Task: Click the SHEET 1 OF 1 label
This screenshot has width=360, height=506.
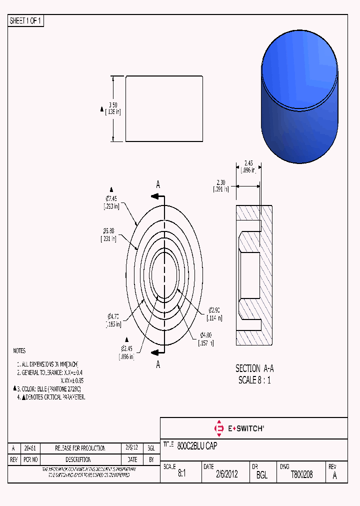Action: pos(25,21)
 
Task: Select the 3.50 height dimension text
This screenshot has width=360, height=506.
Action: pos(113,105)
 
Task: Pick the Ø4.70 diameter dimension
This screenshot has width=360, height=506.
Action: pos(113,316)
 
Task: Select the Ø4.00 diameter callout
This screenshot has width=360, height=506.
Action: pos(206,335)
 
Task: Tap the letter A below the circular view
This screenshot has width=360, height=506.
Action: pos(158,364)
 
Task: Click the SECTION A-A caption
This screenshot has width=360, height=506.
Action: pos(254,368)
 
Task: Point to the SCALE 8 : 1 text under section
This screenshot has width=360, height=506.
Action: pos(254,380)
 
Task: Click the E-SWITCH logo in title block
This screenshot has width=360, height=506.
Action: pos(239,428)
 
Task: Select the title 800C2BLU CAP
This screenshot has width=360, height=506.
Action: pos(197,445)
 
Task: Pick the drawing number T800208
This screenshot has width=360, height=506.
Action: pos(301,475)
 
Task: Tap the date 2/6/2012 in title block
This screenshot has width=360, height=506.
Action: pos(226,475)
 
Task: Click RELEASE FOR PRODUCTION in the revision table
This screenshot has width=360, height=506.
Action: pos(80,448)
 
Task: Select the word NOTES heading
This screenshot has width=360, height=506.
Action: pos(19,351)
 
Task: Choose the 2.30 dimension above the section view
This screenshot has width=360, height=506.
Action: pos(221,183)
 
